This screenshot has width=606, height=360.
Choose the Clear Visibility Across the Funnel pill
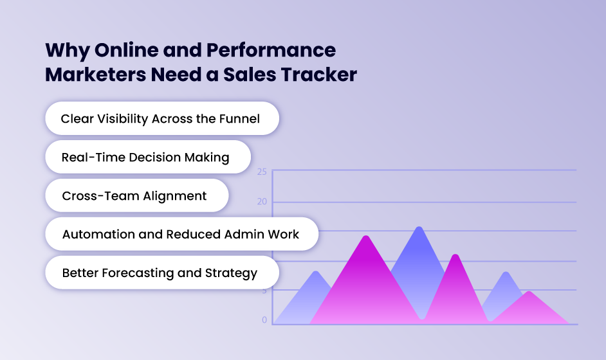coord(161,118)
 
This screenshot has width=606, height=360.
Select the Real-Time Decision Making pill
coord(147,157)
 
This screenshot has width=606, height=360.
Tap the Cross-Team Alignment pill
coord(136,195)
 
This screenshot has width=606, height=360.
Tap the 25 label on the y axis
coord(261,172)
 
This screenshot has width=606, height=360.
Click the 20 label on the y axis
coord(261,202)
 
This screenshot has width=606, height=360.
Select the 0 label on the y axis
coord(264,319)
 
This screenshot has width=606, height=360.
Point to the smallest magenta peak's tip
coord(529,292)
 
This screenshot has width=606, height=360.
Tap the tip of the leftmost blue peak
coord(315,272)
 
